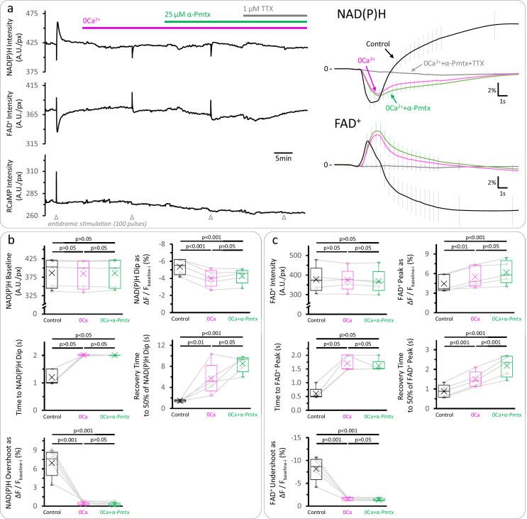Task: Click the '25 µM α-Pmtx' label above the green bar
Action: point(190,14)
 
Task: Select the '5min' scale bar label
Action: point(283,158)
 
